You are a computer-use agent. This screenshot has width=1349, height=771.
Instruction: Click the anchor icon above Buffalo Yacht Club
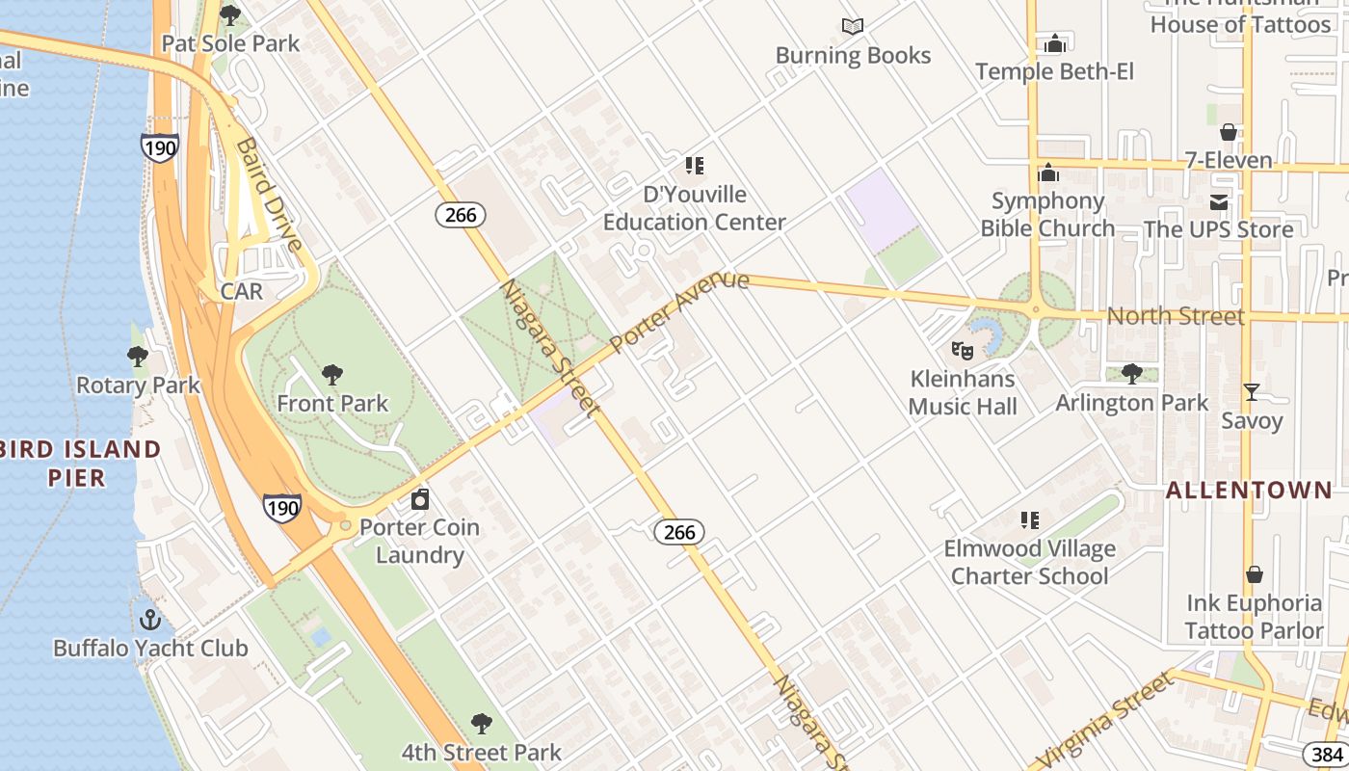click(149, 619)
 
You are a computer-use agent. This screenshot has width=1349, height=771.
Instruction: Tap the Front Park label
click(332, 403)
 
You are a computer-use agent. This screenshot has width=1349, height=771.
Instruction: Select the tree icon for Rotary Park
click(138, 358)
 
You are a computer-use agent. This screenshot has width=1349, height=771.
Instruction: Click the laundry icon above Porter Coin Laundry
click(420, 499)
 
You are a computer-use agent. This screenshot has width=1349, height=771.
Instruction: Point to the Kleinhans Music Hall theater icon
click(962, 351)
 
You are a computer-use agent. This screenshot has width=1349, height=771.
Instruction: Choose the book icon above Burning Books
click(853, 27)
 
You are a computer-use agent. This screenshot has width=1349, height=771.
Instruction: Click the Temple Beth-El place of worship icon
click(1055, 43)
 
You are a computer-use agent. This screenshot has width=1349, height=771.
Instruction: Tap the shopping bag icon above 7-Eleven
click(1229, 132)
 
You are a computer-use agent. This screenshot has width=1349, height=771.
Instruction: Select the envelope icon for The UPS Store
click(1219, 201)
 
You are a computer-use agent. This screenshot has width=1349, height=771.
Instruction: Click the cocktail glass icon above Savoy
click(1252, 392)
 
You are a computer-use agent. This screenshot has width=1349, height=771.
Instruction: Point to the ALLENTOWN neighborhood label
click(1249, 490)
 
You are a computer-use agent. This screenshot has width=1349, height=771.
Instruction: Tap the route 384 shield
click(1327, 754)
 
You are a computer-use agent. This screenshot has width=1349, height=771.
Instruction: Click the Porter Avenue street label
click(679, 310)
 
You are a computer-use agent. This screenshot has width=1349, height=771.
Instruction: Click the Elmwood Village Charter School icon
click(1030, 520)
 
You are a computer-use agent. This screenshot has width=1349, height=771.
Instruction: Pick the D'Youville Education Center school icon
click(695, 166)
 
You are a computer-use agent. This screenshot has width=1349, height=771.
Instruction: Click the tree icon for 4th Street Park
click(482, 724)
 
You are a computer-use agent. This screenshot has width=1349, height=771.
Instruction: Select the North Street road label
click(1176, 315)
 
